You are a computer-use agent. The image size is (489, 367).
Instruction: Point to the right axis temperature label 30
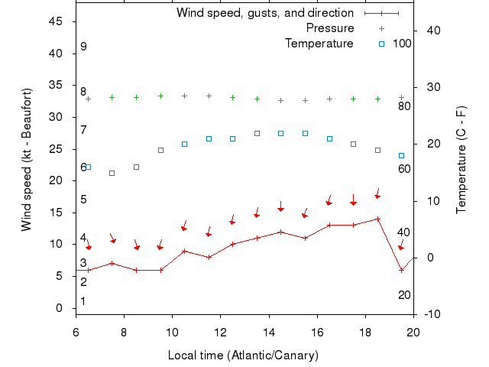click(434, 87)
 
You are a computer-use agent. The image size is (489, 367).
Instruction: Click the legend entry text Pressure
click(330, 28)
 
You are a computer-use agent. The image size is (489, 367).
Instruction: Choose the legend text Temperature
click(319, 44)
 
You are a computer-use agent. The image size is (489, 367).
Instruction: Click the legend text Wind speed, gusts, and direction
click(264, 13)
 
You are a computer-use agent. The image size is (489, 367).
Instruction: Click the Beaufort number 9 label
click(83, 47)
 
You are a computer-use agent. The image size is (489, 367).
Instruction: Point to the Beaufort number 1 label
click(83, 301)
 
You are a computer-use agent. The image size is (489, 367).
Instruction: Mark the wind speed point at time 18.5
click(377, 219)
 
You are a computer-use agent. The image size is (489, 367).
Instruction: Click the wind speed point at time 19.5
click(401, 270)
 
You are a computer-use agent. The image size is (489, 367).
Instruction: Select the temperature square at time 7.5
click(112, 173)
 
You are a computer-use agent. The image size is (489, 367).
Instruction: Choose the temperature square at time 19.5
click(401, 155)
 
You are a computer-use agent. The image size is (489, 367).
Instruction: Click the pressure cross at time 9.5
click(160, 96)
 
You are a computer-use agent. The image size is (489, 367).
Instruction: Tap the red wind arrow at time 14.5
click(280, 208)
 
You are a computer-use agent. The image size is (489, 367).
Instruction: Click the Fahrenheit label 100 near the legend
click(402, 44)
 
